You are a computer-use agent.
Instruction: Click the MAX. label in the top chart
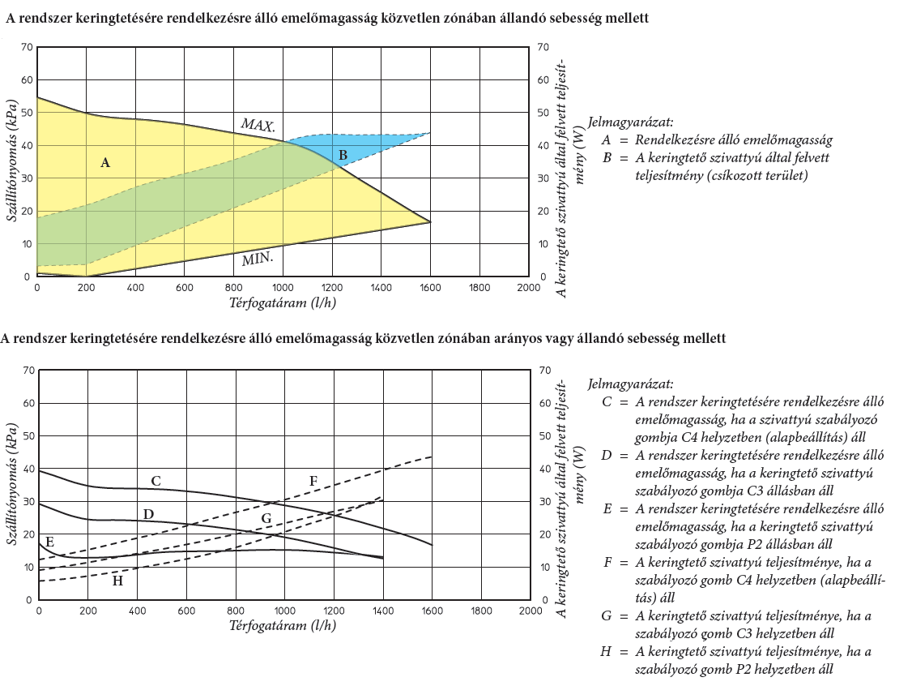coord(258,126)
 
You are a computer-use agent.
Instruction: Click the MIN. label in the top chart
coord(257,260)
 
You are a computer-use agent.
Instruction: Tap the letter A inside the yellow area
coord(104,163)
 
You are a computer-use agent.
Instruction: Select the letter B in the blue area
coord(343,155)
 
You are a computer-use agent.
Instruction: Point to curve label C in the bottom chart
coord(156,482)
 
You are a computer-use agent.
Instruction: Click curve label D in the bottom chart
coord(148,514)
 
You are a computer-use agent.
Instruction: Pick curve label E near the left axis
coord(49,542)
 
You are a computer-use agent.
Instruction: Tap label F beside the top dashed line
coord(313,482)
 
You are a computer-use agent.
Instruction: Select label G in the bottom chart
coord(266,518)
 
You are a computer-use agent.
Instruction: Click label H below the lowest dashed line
coord(117,581)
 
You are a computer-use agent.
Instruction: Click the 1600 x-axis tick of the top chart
coord(430,287)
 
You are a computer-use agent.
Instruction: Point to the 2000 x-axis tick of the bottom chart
coord(529,611)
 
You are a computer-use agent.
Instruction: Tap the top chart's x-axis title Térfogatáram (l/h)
coord(283,302)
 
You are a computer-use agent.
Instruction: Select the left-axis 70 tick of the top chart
coord(26,47)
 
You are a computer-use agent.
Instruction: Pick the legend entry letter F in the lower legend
coord(607,562)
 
